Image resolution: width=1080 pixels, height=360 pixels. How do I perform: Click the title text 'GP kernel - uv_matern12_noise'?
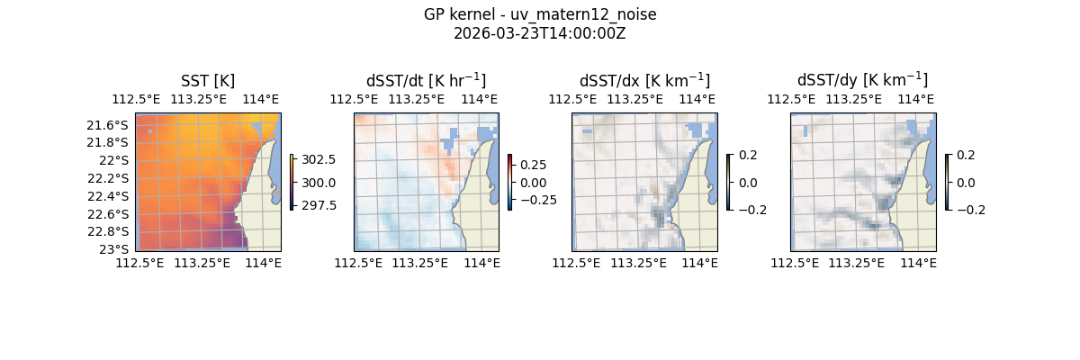pyautogui.click(x=540, y=15)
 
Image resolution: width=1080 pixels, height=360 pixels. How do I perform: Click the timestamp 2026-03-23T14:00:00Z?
pyautogui.click(x=540, y=34)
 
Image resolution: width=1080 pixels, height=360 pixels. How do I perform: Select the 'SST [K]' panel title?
pyautogui.click(x=208, y=81)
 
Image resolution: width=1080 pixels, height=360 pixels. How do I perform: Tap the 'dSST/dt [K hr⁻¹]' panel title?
pyautogui.click(x=426, y=81)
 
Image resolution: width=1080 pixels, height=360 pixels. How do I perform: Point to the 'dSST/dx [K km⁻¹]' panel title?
pyautogui.click(x=644, y=81)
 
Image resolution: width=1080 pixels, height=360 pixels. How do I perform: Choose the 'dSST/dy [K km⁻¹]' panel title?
pyautogui.click(x=862, y=81)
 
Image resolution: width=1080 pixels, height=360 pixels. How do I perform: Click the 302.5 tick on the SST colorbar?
pyautogui.click(x=319, y=159)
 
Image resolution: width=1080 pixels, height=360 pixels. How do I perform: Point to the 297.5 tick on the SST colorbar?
pyautogui.click(x=319, y=205)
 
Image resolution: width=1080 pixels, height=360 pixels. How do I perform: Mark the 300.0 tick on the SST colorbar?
pyautogui.click(x=319, y=183)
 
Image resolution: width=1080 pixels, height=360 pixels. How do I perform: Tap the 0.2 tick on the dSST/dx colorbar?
pyautogui.click(x=748, y=155)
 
